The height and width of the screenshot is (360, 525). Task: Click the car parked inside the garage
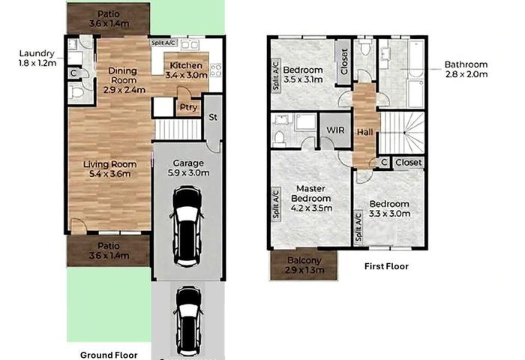pyautogui.click(x=187, y=226)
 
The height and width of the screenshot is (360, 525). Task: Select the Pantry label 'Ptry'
pyautogui.click(x=188, y=107)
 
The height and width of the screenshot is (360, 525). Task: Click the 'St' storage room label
pyautogui.click(x=213, y=117)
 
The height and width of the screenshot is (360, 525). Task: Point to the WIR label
pyautogui.click(x=335, y=130)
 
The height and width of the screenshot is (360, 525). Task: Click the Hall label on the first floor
pyautogui.click(x=364, y=132)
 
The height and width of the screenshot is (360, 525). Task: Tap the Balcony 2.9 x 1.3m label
pyautogui.click(x=304, y=265)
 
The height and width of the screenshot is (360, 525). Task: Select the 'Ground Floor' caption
pyautogui.click(x=109, y=355)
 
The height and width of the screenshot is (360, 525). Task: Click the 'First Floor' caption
pyautogui.click(x=386, y=266)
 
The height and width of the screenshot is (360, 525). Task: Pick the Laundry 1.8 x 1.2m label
pyautogui.click(x=37, y=58)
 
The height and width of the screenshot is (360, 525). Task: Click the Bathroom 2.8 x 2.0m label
pyautogui.click(x=466, y=69)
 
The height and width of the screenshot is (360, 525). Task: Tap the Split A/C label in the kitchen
pyautogui.click(x=163, y=43)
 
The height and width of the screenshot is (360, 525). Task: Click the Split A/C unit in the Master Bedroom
pyautogui.click(x=276, y=205)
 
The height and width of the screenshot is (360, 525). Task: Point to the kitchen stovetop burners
pyautogui.click(x=216, y=70)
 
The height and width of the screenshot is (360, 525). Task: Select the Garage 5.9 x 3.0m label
pyautogui.click(x=188, y=168)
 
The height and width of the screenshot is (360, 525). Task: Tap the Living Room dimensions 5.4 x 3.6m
pyautogui.click(x=109, y=174)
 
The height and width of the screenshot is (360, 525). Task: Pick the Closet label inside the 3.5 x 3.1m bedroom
pyautogui.click(x=343, y=61)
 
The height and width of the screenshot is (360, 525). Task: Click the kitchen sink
pyautogui.click(x=190, y=44)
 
